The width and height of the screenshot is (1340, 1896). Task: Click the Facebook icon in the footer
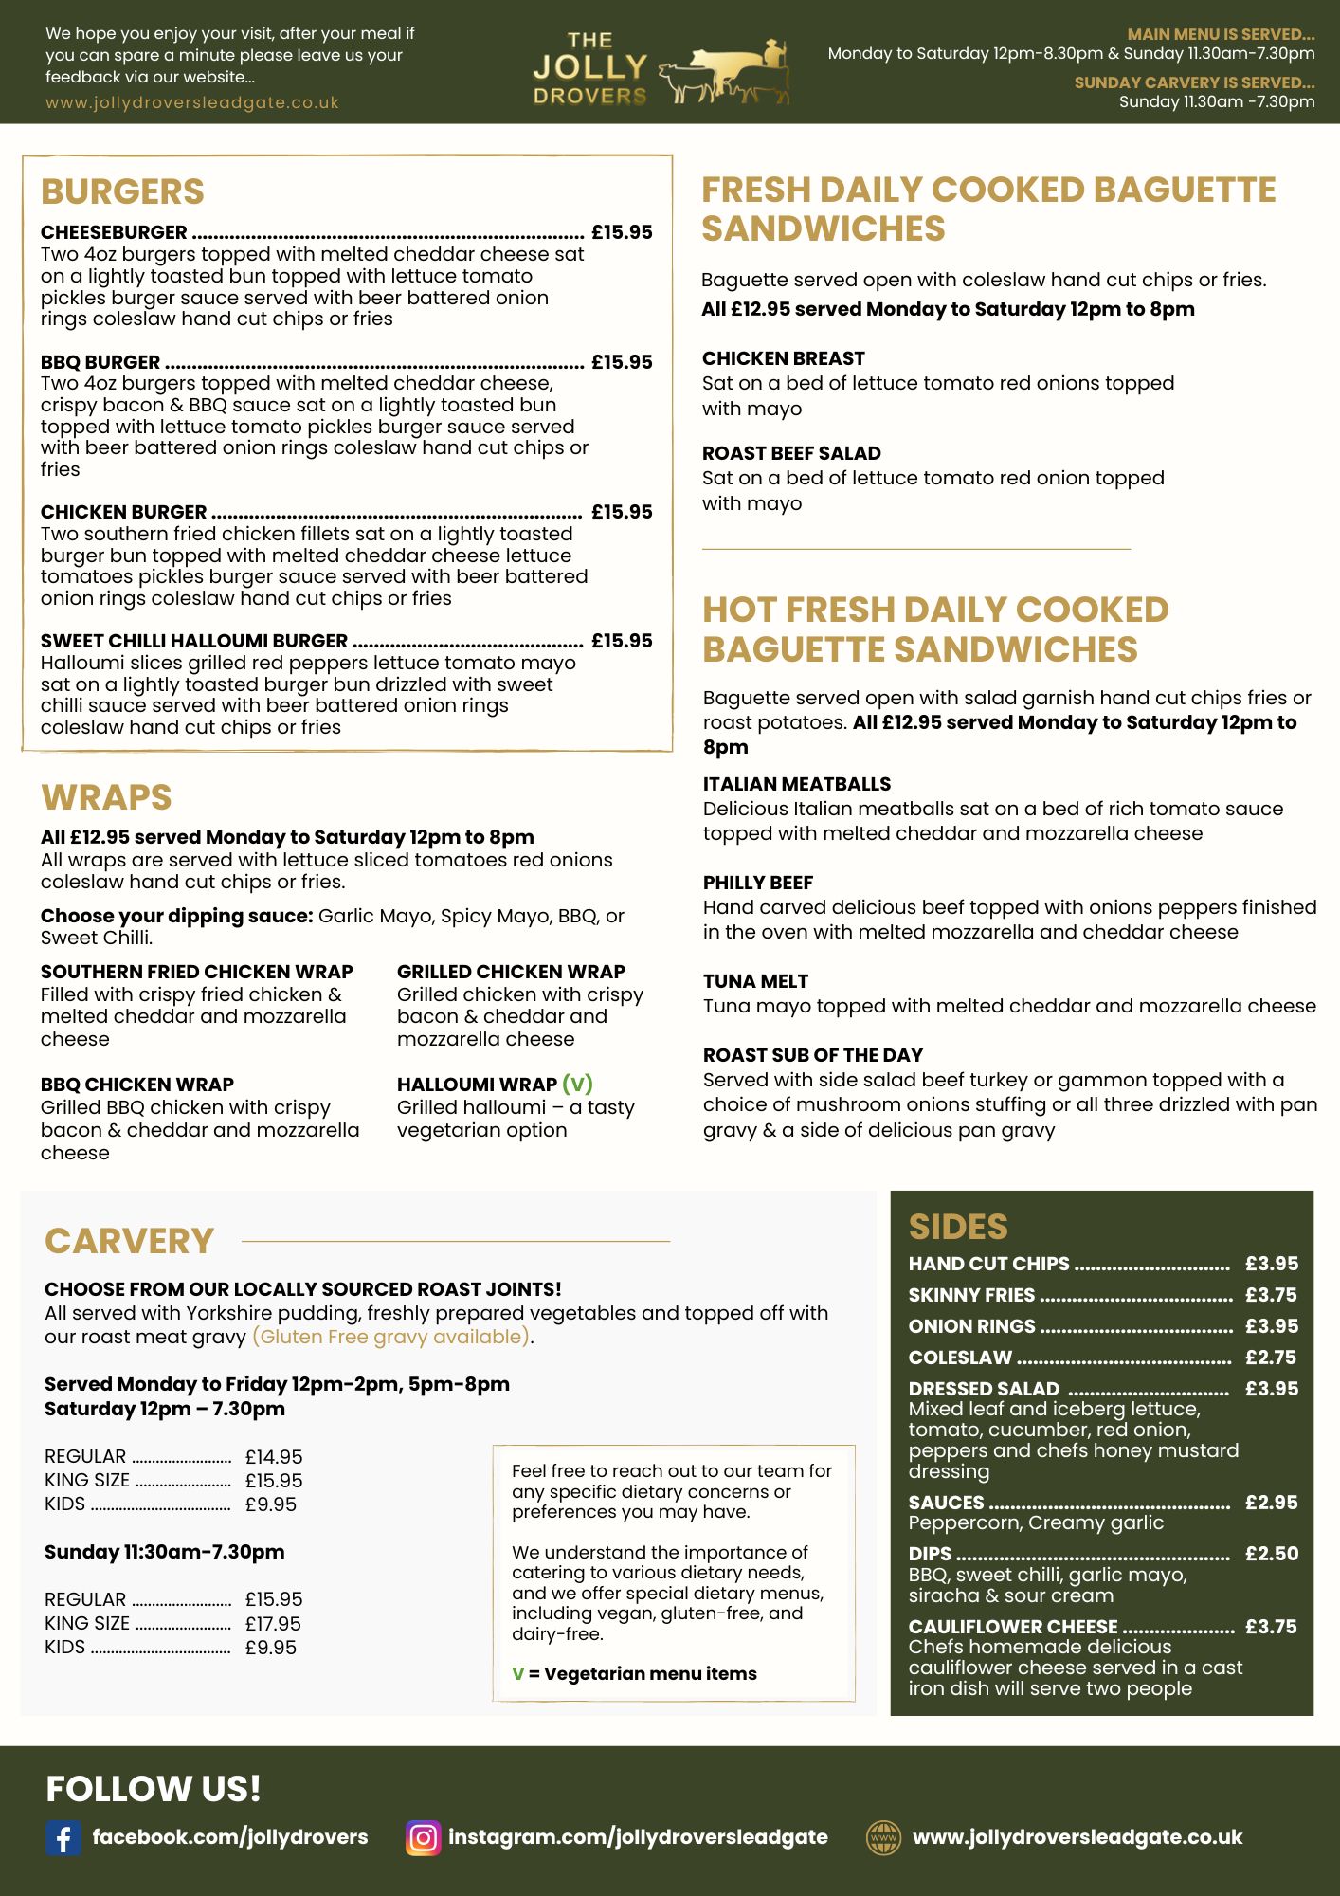(63, 1838)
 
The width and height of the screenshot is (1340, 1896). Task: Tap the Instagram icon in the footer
(424, 1838)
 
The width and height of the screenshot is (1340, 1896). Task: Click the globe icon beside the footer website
(884, 1837)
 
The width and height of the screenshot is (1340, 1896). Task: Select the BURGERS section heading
(122, 191)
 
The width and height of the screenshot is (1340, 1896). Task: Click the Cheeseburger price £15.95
(622, 232)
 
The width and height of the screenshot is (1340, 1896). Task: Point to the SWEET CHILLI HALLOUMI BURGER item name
(194, 641)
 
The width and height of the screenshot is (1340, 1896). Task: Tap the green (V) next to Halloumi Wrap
(577, 1084)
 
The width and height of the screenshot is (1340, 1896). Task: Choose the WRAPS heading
(106, 797)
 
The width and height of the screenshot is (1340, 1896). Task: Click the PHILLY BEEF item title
(758, 883)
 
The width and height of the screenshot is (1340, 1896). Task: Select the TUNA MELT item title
(755, 981)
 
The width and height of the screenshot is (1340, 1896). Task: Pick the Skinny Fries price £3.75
(1271, 1295)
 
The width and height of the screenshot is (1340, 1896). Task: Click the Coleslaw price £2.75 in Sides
(1271, 1358)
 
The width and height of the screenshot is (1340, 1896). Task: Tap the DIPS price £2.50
(1272, 1554)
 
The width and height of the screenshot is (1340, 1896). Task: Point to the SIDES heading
(958, 1227)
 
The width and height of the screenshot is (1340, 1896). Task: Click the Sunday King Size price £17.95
(273, 1624)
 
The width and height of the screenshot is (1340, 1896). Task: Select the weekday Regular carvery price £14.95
(274, 1457)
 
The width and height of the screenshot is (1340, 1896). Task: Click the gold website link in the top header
(192, 102)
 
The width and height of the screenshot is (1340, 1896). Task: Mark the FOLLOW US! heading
(154, 1789)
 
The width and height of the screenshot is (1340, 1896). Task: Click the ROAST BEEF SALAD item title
(791, 453)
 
